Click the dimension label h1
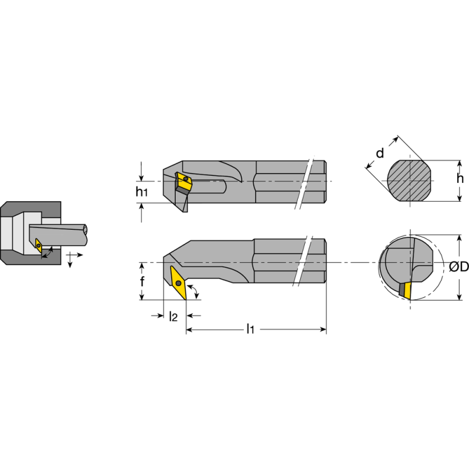[141, 192]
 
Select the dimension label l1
[250, 329]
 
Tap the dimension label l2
[173, 317]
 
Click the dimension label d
[380, 154]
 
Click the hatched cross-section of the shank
[410, 181]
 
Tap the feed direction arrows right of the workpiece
[73, 258]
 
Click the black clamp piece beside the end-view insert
[402, 290]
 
